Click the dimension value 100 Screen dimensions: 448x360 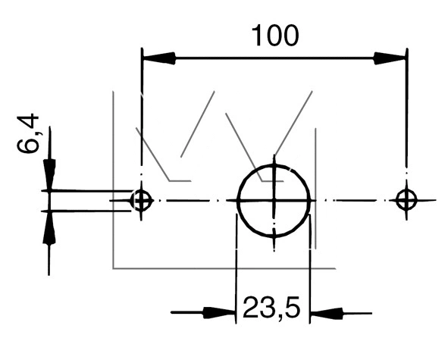[x=275, y=36]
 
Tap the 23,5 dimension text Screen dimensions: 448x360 [x=271, y=308]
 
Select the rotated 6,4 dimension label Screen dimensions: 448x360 [x=28, y=133]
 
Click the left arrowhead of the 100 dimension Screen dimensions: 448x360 [x=159, y=58]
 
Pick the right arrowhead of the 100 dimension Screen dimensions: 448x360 [x=390, y=58]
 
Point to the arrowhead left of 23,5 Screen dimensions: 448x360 [x=219, y=313]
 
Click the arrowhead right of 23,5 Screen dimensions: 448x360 [x=326, y=313]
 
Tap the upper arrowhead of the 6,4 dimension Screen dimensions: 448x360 [x=50, y=174]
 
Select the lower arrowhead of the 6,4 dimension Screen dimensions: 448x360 [x=49, y=227]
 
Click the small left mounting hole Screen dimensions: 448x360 [x=141, y=200]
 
